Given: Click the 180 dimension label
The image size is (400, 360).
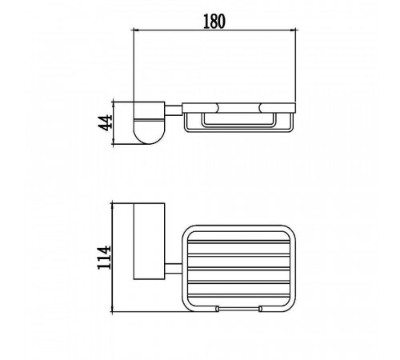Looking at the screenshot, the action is pos(214,22).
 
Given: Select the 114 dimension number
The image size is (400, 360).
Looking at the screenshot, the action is pos(104,258).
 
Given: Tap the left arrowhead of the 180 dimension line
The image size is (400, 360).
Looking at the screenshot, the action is pos(136,30).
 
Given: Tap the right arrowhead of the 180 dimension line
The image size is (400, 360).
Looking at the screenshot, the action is pos(293,30).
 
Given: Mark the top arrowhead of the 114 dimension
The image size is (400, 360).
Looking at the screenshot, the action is pos(113,206).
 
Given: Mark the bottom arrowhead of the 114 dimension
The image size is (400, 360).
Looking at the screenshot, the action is pos(113,308).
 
